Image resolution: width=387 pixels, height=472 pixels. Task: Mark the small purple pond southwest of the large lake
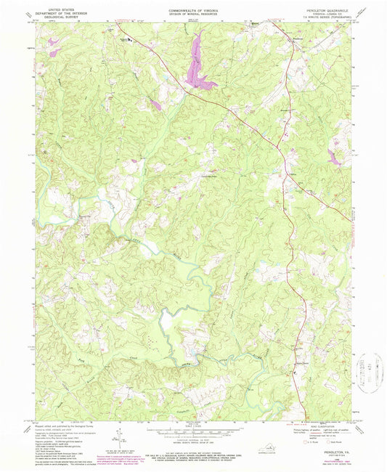[x=154, y=106]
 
